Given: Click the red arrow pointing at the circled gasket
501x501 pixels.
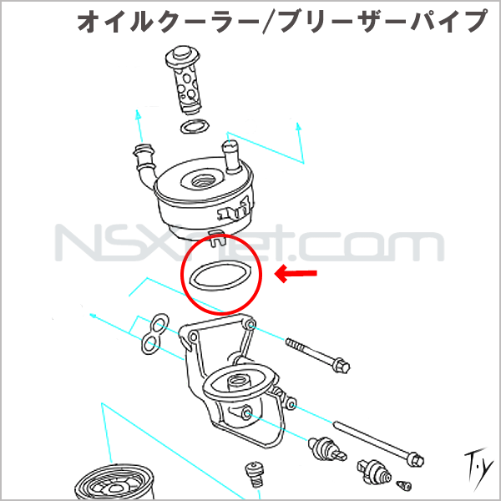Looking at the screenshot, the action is click(296, 274).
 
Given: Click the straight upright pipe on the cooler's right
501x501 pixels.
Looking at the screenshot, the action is click(232, 157).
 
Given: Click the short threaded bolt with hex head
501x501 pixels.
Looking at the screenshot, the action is click(317, 355).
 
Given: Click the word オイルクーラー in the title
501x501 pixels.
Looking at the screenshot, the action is click(169, 21).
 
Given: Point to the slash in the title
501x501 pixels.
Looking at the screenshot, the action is click(270, 22).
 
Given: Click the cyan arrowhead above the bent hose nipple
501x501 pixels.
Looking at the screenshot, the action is click(138, 114).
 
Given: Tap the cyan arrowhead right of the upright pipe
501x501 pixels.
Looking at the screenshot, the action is click(298, 127).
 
